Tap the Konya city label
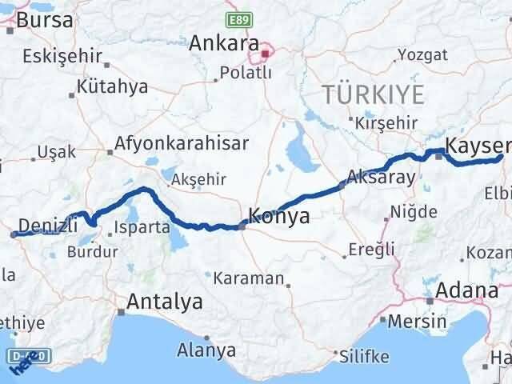pyautogui.click(x=279, y=215)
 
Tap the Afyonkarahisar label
pyautogui.click(x=182, y=144)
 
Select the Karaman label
pyautogui.click(x=250, y=278)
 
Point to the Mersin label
pyautogui.click(x=418, y=322)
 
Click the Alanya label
pyautogui.click(x=206, y=350)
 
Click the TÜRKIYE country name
pyautogui.click(x=374, y=94)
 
